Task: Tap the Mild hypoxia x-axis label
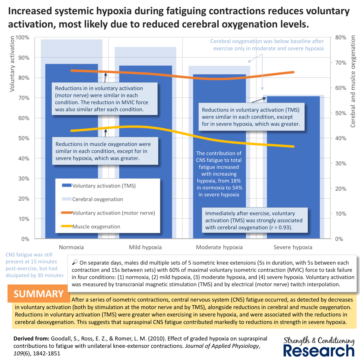[x=145, y=247]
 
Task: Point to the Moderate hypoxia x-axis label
[x=219, y=247]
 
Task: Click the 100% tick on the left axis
[x=22, y=37]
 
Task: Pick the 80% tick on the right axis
[x=340, y=37]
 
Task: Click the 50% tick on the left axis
[x=24, y=138]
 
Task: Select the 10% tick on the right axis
[x=340, y=214]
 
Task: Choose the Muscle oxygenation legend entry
[x=96, y=227]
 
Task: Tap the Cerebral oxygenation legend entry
[x=97, y=199]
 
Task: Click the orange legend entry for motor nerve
[x=113, y=213]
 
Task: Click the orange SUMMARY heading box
[x=39, y=294]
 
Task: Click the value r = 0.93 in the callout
[x=280, y=227]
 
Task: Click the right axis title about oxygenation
[x=353, y=81]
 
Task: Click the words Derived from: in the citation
[x=31, y=339]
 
